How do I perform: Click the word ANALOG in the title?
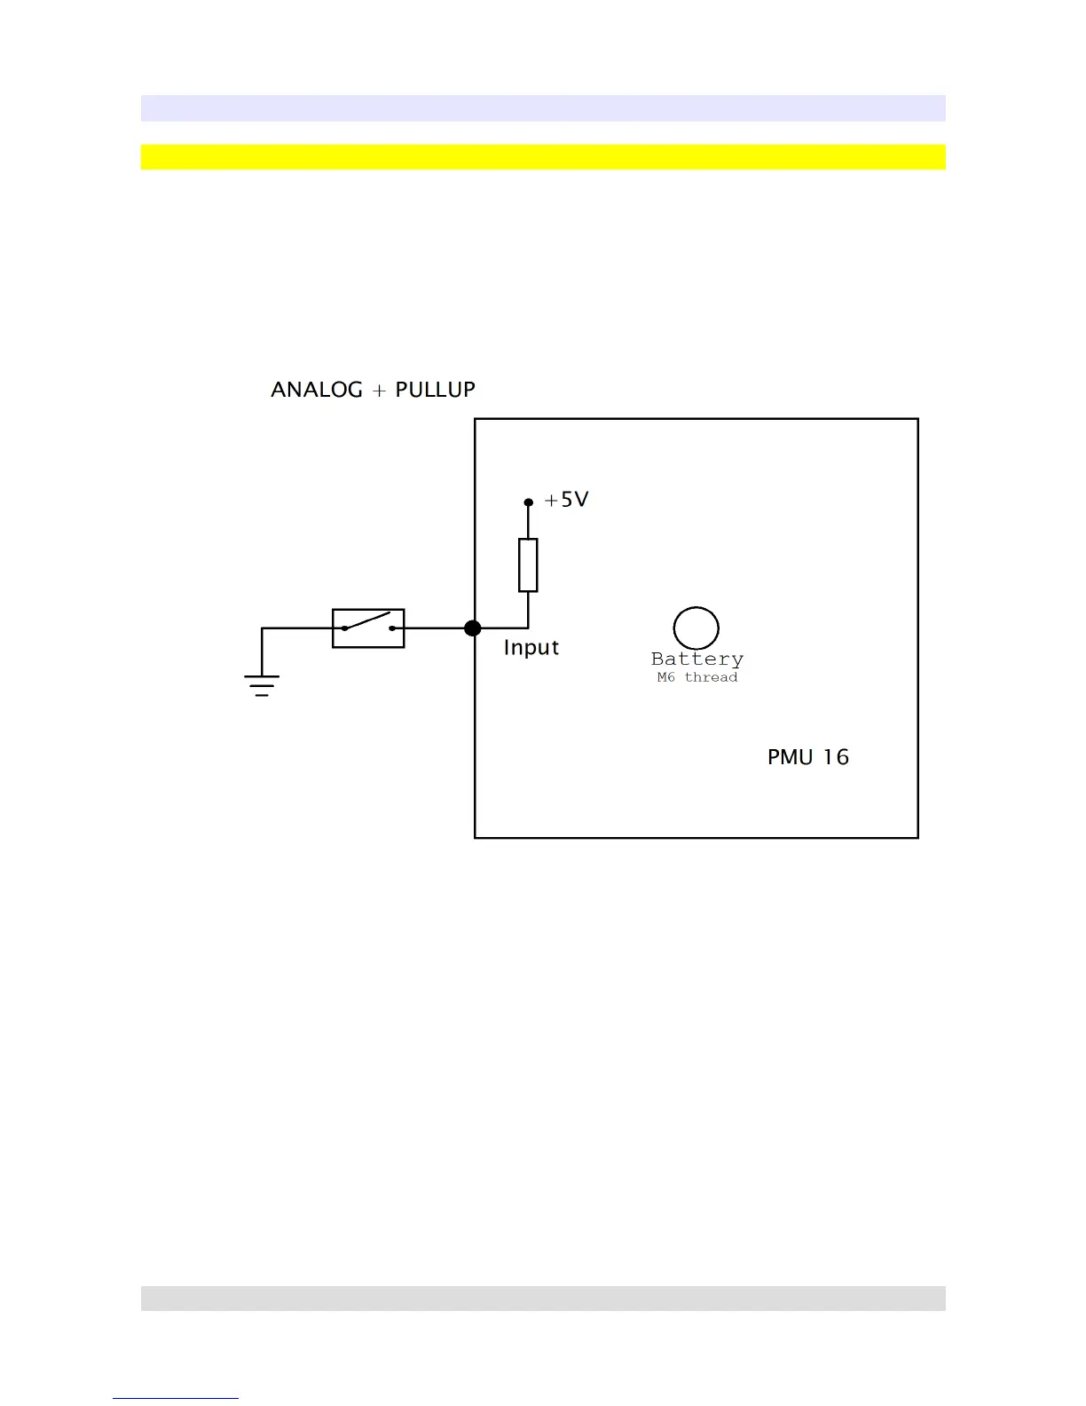coord(317,390)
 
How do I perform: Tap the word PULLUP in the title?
coord(435,390)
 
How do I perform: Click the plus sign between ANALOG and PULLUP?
coord(379,391)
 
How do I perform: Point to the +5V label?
coord(567,500)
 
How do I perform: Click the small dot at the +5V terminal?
coord(528,502)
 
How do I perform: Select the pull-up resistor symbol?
coord(528,565)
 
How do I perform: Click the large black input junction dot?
coord(473,628)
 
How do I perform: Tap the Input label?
coord(531,648)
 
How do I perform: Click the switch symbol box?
coord(368,628)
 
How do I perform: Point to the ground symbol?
coord(262,684)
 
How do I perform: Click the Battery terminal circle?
coord(696,628)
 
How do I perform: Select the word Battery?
coord(697,660)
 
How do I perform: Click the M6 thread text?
coord(697,677)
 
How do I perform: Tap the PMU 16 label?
coord(807,757)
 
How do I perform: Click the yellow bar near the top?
coord(543,157)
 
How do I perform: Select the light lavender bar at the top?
coord(543,108)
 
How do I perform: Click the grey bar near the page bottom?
coord(543,1299)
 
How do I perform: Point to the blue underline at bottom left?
coord(176,1398)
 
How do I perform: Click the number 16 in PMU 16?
coord(836,757)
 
